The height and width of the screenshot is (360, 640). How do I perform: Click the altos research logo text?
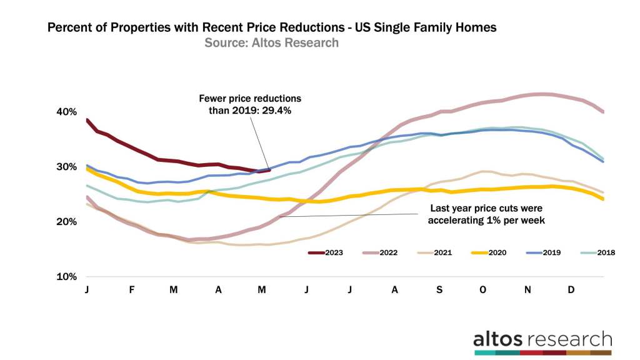click(542, 339)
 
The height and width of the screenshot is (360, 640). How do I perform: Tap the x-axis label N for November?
click(527, 290)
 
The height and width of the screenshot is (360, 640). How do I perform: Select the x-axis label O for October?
click(482, 290)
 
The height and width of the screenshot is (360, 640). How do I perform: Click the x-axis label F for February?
click(131, 290)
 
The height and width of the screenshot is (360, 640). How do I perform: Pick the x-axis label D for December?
click(571, 290)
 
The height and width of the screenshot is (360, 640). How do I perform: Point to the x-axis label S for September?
click(439, 290)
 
